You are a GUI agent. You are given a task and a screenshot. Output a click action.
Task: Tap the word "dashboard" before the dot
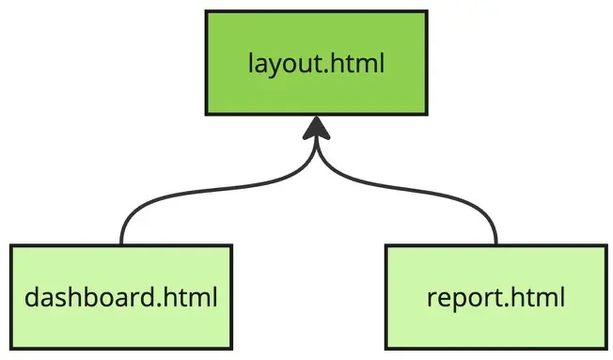88,299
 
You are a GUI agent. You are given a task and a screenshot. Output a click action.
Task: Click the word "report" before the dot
457,300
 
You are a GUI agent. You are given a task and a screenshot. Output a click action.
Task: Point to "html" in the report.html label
540,299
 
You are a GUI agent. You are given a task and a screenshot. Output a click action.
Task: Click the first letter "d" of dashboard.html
33,299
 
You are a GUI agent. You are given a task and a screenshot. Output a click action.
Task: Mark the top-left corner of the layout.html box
207,12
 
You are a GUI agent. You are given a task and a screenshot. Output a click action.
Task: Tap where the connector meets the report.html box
495,245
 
